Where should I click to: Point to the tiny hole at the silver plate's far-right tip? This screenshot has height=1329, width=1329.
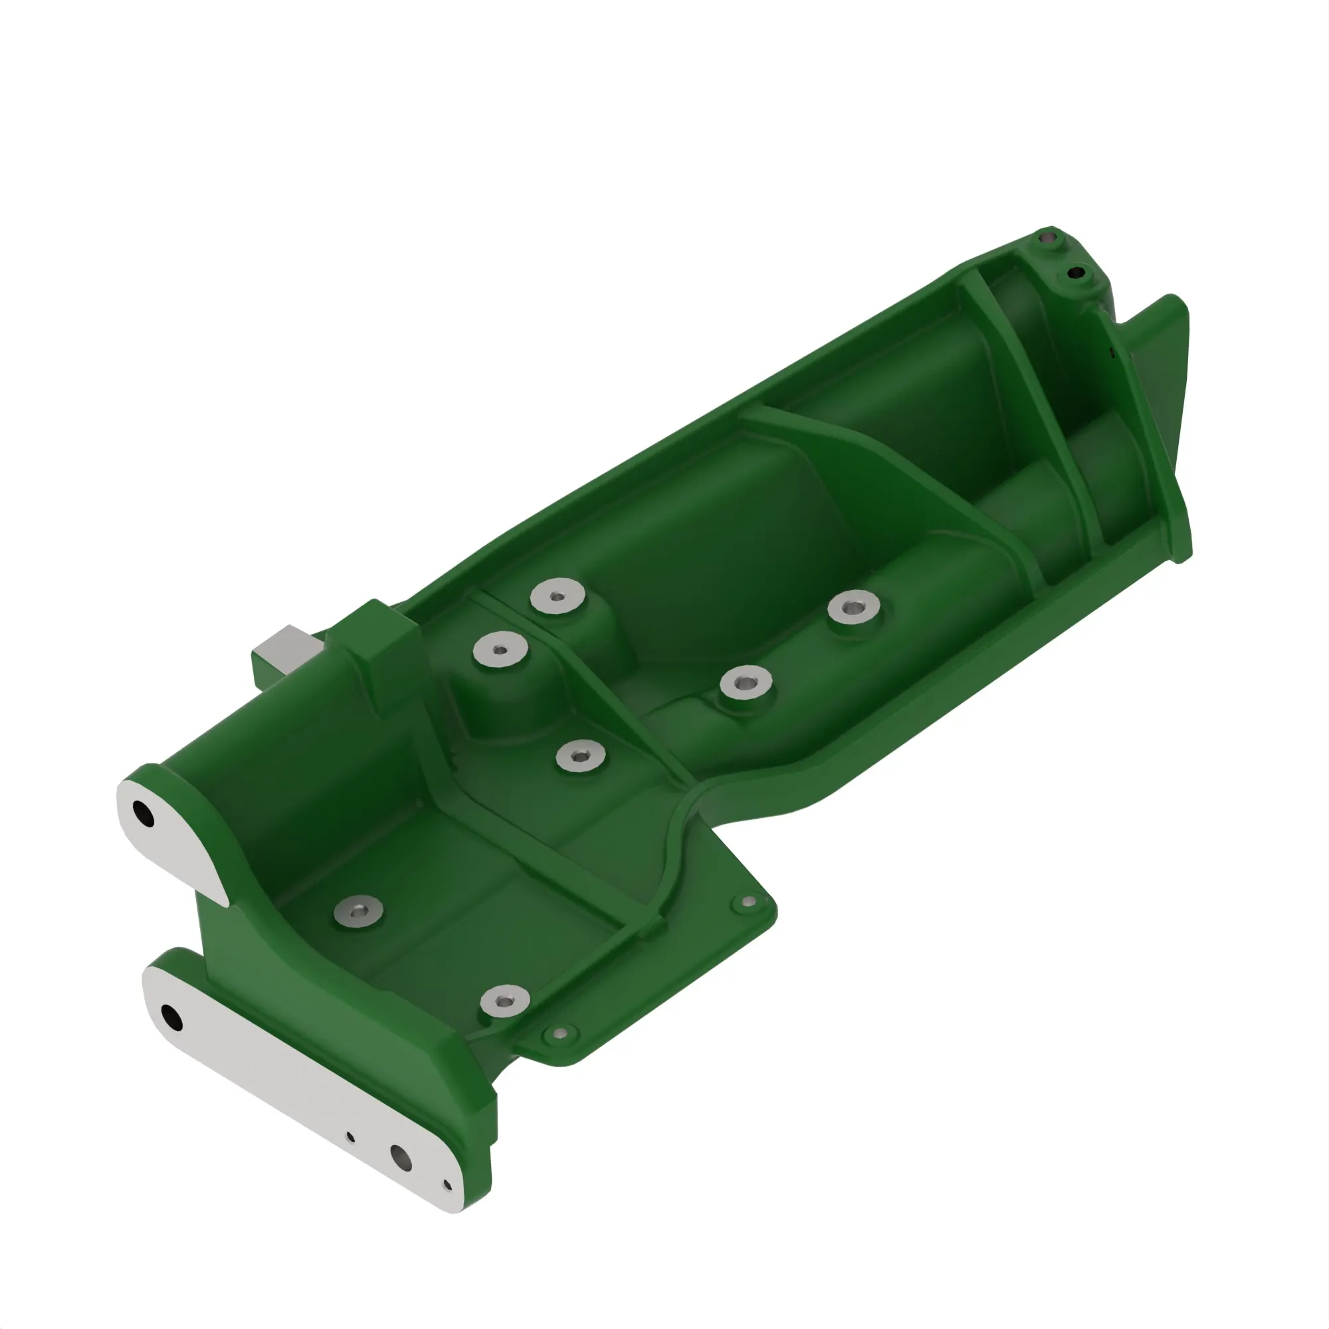pyautogui.click(x=447, y=1185)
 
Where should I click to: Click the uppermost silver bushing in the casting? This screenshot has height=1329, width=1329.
pyautogui.click(x=558, y=595)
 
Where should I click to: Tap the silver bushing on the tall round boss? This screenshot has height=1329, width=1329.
pyautogui.click(x=501, y=649)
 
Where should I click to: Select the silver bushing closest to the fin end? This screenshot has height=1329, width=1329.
pyautogui.click(x=854, y=609)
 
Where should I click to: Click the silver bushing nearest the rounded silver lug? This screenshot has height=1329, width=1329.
pyautogui.click(x=358, y=912)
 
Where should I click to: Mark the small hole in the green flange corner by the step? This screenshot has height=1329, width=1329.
pyautogui.click(x=749, y=900)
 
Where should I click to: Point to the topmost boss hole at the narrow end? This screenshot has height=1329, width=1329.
pyautogui.click(x=1049, y=239)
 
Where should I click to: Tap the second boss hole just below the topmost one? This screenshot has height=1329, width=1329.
pyautogui.click(x=1074, y=274)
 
